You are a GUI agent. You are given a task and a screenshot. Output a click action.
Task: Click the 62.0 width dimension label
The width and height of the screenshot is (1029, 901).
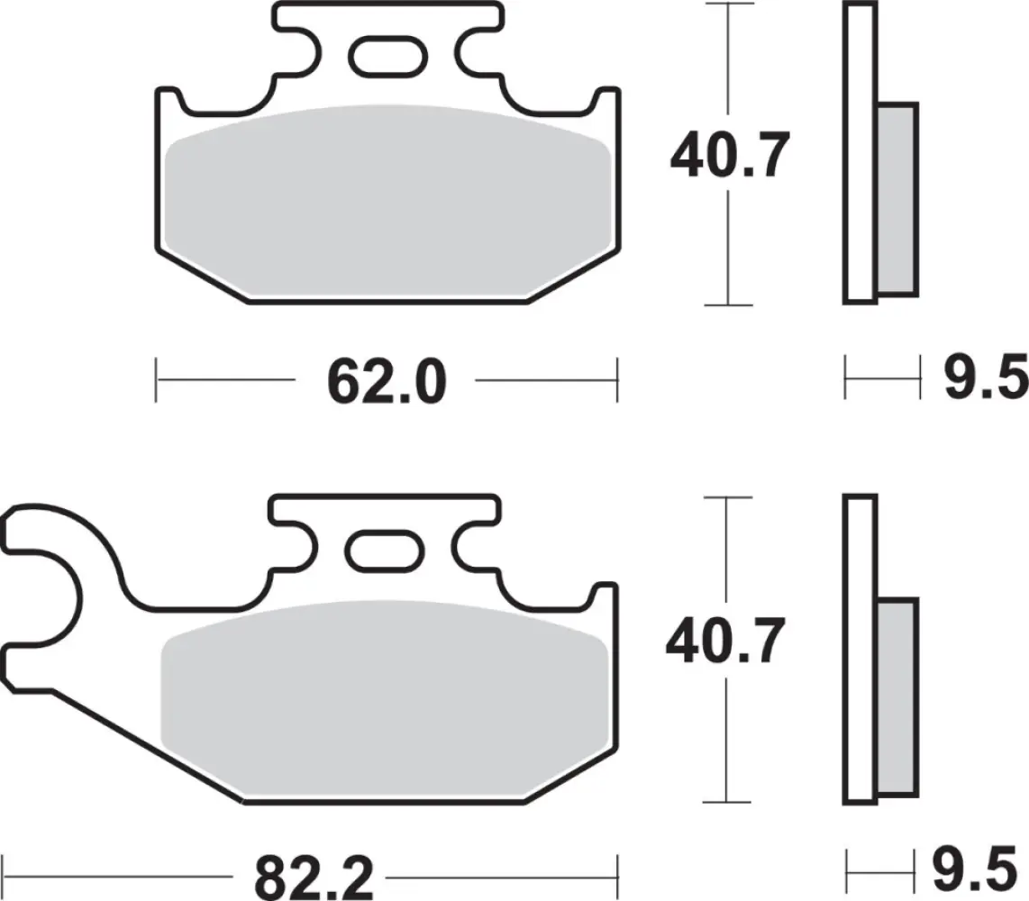point(387,382)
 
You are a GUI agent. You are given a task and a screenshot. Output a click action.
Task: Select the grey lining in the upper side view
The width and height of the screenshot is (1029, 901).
point(897,199)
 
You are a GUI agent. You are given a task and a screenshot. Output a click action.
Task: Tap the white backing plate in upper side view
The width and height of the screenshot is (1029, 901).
point(860,153)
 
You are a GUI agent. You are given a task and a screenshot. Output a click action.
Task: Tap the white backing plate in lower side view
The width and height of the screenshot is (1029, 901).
point(860,649)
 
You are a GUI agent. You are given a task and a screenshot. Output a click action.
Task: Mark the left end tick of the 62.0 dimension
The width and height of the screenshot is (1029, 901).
point(157,379)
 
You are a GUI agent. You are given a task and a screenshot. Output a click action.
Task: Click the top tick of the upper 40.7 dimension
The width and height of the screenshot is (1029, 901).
point(727,5)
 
